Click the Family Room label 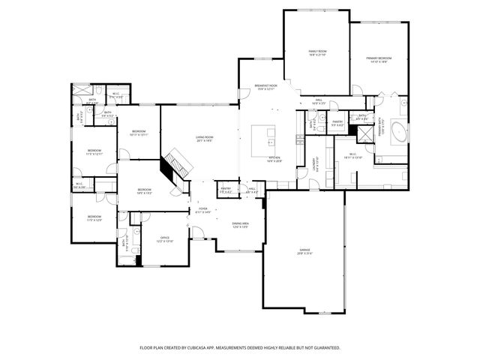click(317, 52)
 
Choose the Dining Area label click(240, 224)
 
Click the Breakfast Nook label click(266, 87)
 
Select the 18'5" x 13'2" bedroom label click(145, 191)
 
